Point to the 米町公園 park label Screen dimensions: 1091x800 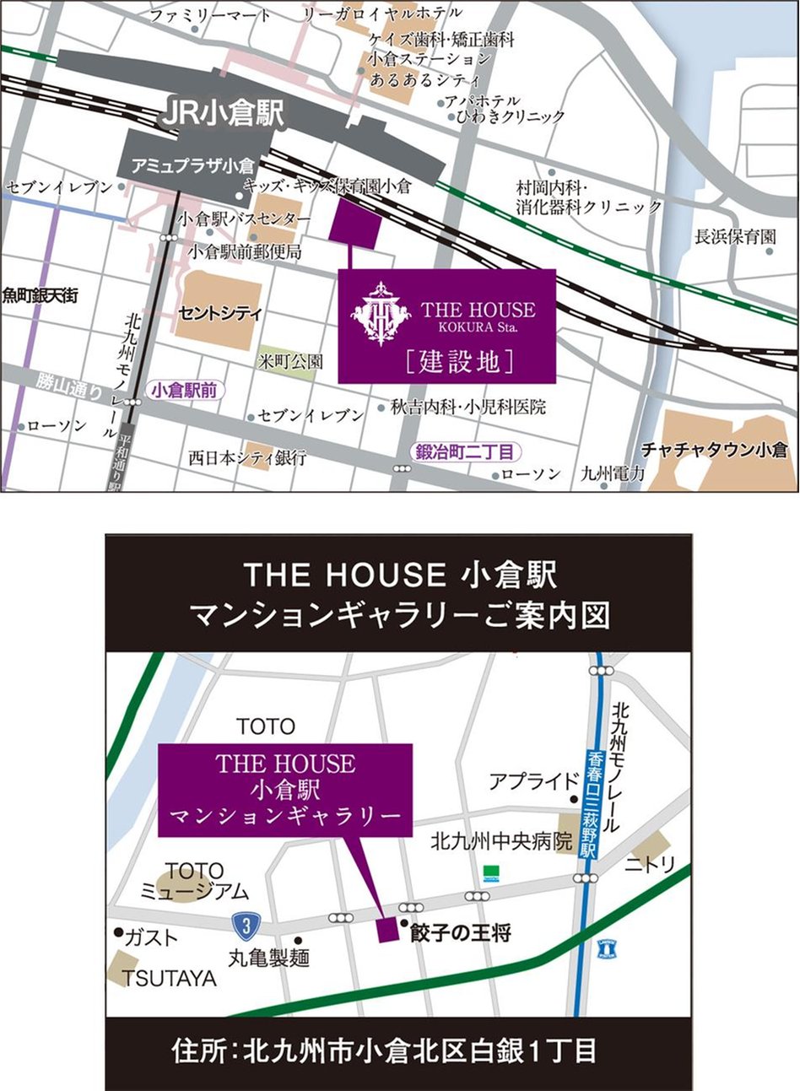[290, 361]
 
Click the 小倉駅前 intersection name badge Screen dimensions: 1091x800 [182, 391]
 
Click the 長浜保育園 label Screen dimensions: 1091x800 [735, 237]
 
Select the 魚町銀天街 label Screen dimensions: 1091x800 [40, 295]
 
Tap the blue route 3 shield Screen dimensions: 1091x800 [246, 926]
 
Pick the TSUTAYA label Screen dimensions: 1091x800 [170, 978]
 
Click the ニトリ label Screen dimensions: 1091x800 [650, 865]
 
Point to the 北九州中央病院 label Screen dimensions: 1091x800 [501, 841]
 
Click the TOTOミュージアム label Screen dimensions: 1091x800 [194, 880]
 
